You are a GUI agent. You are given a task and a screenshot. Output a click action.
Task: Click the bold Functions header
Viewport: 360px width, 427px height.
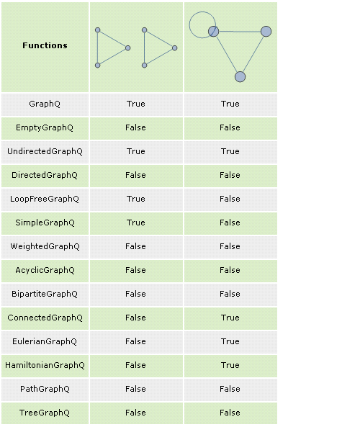pyautogui.click(x=45, y=45)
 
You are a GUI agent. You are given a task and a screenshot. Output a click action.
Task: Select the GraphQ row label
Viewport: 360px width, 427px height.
pyautogui.click(x=45, y=104)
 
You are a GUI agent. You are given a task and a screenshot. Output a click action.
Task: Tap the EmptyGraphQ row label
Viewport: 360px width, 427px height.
pyautogui.click(x=45, y=127)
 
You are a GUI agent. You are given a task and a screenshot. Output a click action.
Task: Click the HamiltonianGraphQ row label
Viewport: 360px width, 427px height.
pyautogui.click(x=45, y=365)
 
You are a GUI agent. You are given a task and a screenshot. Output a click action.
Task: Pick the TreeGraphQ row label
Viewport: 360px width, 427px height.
pyautogui.click(x=45, y=413)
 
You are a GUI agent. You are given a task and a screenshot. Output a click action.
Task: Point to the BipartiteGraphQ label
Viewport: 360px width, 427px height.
pyautogui.click(x=45, y=294)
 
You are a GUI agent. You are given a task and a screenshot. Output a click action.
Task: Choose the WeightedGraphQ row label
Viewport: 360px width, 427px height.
pyautogui.click(x=45, y=246)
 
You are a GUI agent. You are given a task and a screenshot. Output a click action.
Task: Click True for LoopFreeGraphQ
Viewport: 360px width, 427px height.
pyautogui.click(x=136, y=199)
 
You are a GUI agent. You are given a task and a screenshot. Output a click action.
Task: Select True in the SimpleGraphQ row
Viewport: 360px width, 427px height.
pyautogui.click(x=136, y=223)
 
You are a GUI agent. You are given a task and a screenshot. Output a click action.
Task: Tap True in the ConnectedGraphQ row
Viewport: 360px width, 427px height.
pyautogui.click(x=230, y=318)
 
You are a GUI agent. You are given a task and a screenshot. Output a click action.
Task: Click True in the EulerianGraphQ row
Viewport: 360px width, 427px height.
pyautogui.click(x=230, y=341)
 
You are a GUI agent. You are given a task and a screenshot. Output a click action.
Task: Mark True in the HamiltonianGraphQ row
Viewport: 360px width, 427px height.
pyautogui.click(x=230, y=365)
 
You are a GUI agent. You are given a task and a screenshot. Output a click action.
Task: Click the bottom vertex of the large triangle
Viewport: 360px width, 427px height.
pyautogui.click(x=240, y=77)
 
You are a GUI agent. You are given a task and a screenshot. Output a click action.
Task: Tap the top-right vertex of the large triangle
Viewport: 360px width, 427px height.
pyautogui.click(x=266, y=31)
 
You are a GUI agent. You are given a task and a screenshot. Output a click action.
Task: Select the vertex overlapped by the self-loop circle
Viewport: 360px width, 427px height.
pyautogui.click(x=214, y=31)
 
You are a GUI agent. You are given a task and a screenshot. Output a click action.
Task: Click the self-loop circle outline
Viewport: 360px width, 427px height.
pyautogui.click(x=189, y=24)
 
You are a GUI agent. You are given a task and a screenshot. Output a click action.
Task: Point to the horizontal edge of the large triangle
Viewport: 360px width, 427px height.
pyautogui.click(x=240, y=32)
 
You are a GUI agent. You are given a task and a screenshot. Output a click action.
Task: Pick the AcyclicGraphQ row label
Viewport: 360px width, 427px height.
pyautogui.click(x=45, y=270)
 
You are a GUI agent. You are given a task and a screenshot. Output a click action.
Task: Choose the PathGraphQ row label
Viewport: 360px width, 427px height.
pyautogui.click(x=45, y=389)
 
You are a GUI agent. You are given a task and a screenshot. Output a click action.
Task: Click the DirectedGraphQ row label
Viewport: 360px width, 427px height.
pyautogui.click(x=45, y=175)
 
